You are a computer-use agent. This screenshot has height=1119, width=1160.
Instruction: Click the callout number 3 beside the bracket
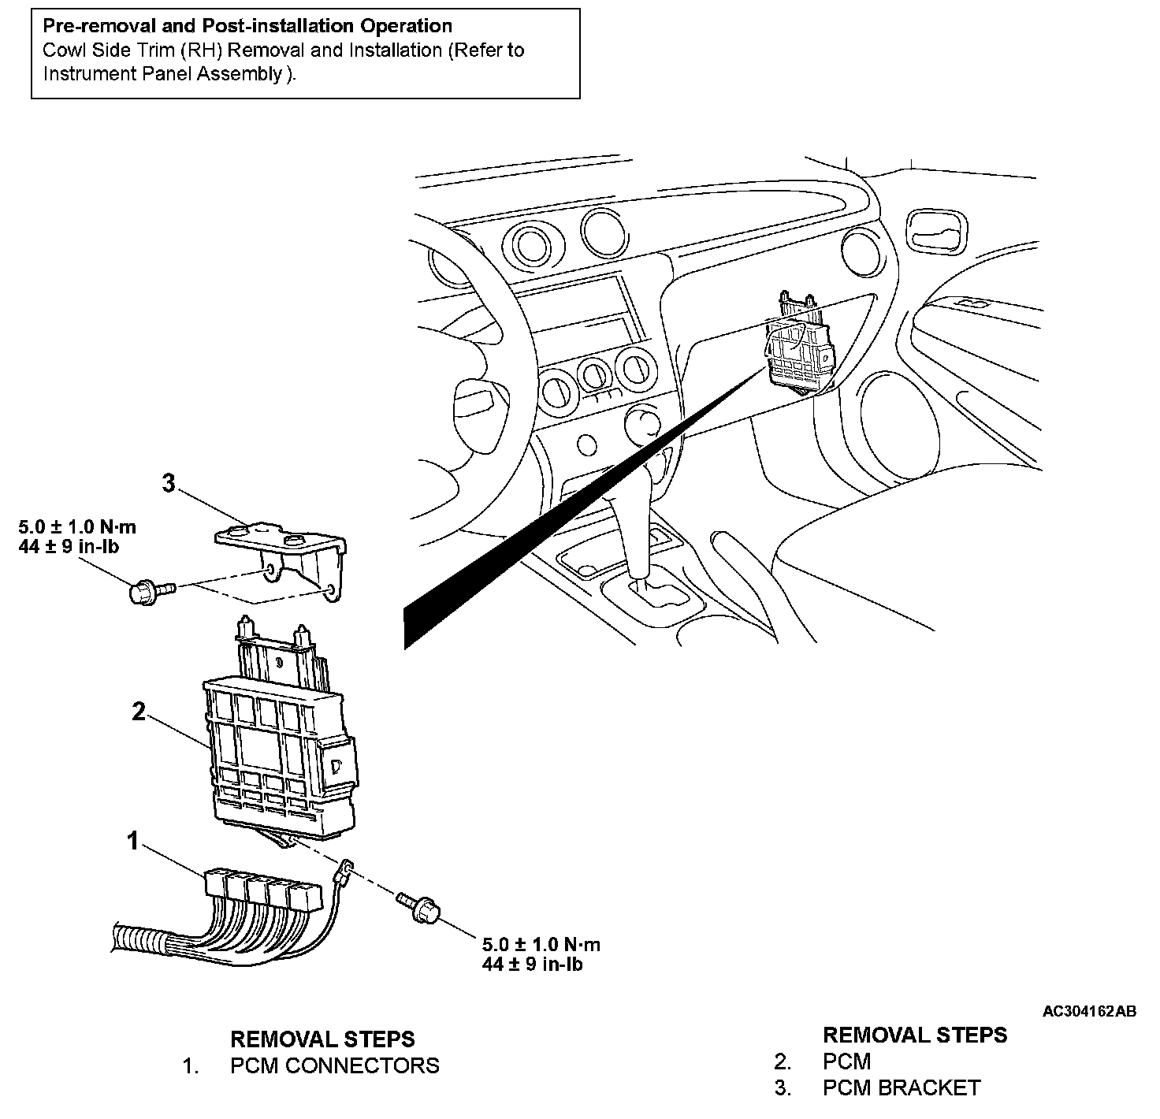point(168,483)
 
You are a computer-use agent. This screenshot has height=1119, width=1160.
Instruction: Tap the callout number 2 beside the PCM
point(139,712)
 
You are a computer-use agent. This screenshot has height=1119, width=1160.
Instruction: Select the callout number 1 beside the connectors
point(134,842)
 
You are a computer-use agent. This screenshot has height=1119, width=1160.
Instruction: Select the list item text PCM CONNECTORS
point(334,1065)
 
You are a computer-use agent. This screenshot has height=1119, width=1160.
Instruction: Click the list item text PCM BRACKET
point(901,1088)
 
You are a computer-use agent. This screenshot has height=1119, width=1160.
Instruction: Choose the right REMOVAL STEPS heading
point(914,1035)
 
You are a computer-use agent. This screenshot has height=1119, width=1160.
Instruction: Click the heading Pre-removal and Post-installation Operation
point(247,27)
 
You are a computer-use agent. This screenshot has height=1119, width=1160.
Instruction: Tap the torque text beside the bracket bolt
point(77,536)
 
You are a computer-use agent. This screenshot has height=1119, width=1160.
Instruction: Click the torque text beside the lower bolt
point(541,954)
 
